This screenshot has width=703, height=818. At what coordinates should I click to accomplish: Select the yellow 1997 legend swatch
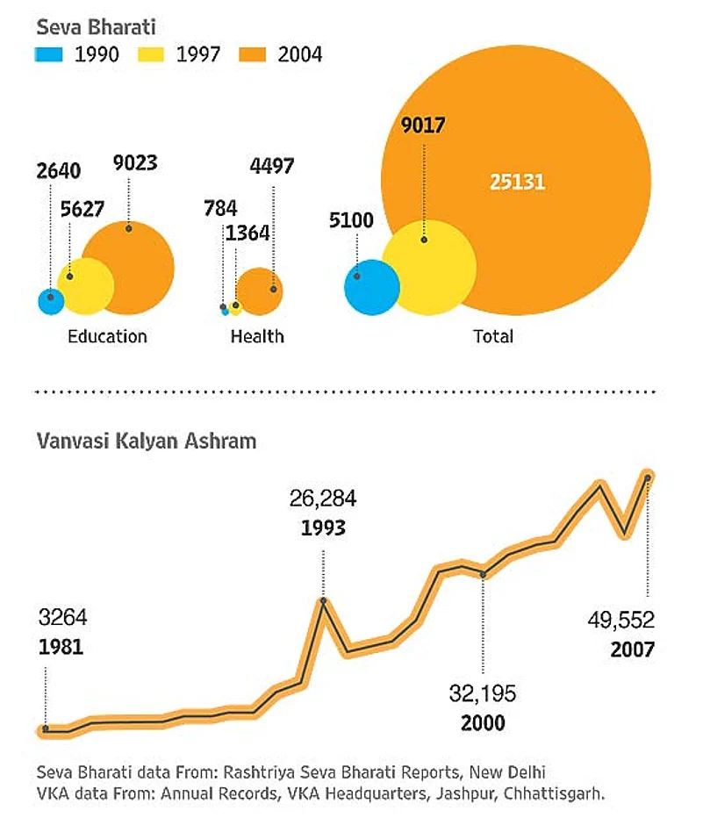tap(151, 54)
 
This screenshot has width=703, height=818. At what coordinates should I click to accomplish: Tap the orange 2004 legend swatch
tap(253, 54)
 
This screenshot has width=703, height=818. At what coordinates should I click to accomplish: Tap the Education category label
tap(107, 336)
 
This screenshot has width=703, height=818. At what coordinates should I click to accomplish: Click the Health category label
tap(256, 336)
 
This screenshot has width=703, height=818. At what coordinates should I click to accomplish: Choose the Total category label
tap(492, 336)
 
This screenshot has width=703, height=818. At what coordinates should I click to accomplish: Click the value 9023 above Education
tap(135, 163)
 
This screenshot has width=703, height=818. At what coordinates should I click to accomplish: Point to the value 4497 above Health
tap(271, 166)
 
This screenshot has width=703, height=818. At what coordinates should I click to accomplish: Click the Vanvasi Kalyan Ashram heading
tap(146, 441)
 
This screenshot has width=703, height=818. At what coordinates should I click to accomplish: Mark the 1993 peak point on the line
tap(324, 601)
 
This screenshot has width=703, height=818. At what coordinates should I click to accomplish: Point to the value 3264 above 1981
tap(63, 616)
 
